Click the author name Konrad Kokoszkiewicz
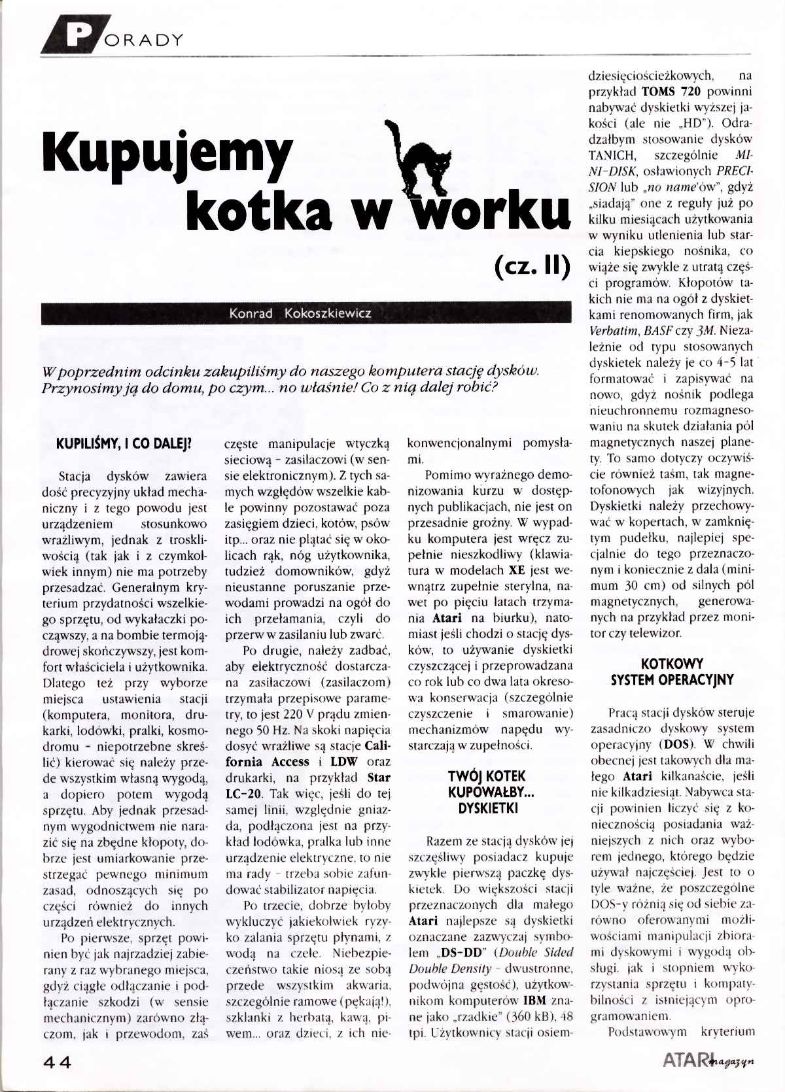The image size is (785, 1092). pyautogui.click(x=300, y=313)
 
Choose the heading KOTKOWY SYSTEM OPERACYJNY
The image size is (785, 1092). pyautogui.click(x=672, y=671)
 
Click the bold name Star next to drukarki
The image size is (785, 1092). pyautogui.click(x=379, y=777)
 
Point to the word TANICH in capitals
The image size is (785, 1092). pyautogui.click(x=612, y=155)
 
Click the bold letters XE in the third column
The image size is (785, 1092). pyautogui.click(x=517, y=570)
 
